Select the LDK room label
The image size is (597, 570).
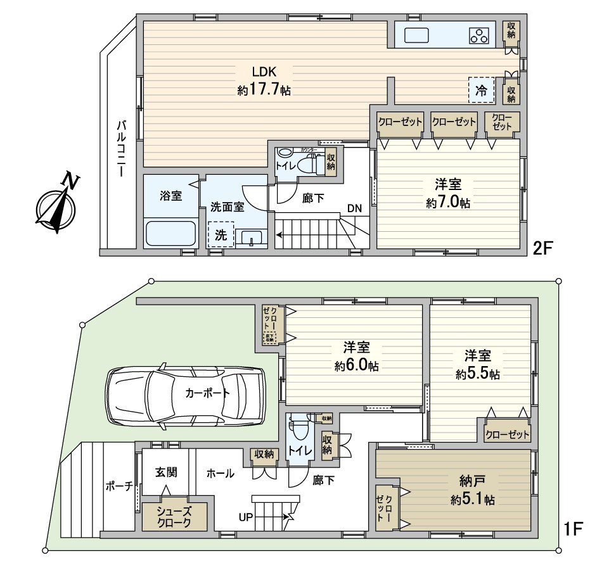264,80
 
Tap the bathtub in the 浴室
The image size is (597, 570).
170,234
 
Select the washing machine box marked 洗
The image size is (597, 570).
221,234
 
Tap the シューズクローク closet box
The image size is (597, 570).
174,517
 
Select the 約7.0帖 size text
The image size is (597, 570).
448,203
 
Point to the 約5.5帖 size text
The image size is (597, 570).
478,374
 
